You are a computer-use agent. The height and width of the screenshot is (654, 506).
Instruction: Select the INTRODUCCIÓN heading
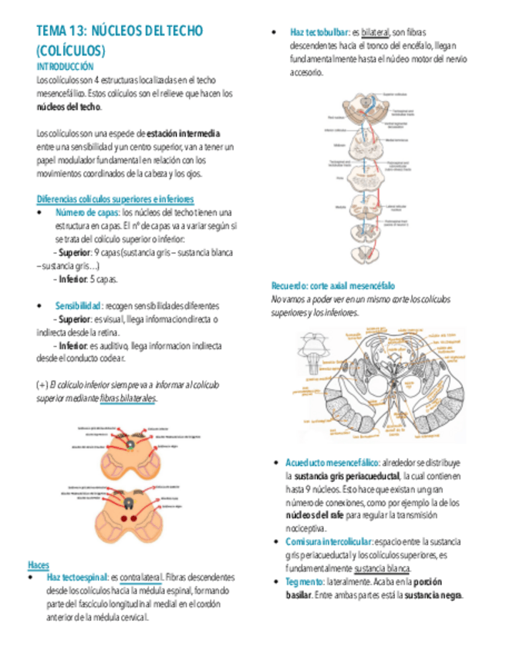(63, 67)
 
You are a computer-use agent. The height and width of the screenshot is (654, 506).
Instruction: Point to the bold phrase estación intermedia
(183, 133)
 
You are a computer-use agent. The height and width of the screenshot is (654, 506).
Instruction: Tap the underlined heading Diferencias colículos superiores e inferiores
(115, 199)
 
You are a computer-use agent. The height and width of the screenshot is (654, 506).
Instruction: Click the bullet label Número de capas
(86, 212)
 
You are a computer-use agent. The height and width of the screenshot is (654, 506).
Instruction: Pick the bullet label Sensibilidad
(79, 305)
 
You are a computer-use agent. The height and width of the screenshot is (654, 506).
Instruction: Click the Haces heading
(38, 565)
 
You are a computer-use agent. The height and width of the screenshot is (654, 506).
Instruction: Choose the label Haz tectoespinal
(77, 578)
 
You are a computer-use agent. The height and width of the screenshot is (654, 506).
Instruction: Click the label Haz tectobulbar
(319, 32)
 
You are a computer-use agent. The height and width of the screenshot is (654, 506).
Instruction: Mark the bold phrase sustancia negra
(433, 595)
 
